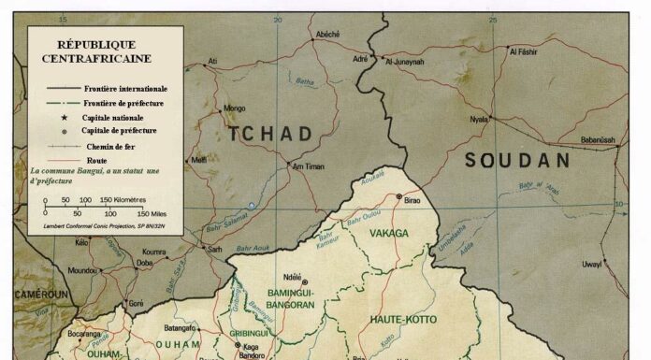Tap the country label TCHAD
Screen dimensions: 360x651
pyautogui.click(x=270, y=134)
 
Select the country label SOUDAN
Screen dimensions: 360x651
pyautogui.click(x=517, y=160)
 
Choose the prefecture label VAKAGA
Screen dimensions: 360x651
pyautogui.click(x=389, y=232)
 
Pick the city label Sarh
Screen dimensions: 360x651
pyautogui.click(x=215, y=250)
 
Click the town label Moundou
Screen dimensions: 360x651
pyautogui.click(x=82, y=270)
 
